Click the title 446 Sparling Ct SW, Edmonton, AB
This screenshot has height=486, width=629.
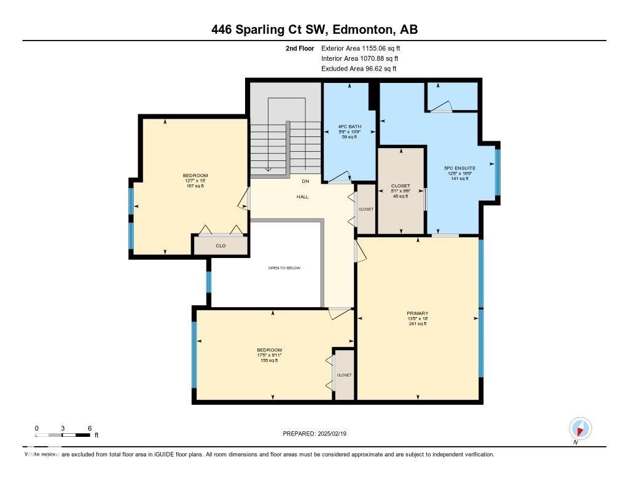coord(314,29)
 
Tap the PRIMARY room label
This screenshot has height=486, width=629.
coord(417,313)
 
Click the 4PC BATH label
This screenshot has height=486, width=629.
coord(350,127)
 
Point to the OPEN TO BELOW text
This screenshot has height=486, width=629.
coord(284,268)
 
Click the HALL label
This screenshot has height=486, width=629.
coord(303,197)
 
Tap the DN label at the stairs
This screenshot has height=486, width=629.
coord(305,181)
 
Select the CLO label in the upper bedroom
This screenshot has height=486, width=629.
coord(221,246)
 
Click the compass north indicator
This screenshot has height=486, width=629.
coord(580,428)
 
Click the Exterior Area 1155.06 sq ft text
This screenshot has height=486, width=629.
coord(361,48)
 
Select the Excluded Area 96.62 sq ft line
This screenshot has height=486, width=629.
coord(359,69)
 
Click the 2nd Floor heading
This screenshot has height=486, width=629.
coord(300,48)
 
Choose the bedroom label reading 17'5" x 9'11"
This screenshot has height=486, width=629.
coord(269,355)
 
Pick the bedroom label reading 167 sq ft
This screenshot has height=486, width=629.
coord(195,186)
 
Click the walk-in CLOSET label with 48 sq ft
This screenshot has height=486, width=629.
coord(400,186)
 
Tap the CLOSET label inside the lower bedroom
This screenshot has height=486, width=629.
coord(344,375)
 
